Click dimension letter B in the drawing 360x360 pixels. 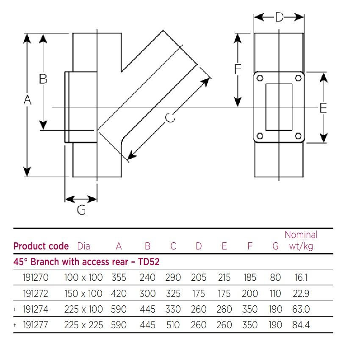(43, 79)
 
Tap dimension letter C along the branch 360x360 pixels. (170, 117)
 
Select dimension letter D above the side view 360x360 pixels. (279, 17)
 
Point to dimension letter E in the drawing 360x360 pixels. (323, 108)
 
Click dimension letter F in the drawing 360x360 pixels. (238, 69)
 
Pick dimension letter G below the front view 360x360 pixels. (81, 210)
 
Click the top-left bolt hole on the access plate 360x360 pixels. (260, 78)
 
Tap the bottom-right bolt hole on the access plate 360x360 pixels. (298, 136)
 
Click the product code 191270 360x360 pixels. (36, 278)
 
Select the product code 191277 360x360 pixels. (36, 325)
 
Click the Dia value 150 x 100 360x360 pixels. (83, 294)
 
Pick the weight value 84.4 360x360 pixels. (301, 325)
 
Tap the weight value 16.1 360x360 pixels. (301, 278)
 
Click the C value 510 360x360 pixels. (173, 325)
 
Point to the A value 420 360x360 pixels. (119, 294)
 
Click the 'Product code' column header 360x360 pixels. (41, 246)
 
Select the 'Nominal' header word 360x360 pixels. (301, 235)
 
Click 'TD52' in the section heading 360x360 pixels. (149, 262)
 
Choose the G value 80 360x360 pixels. (275, 278)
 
